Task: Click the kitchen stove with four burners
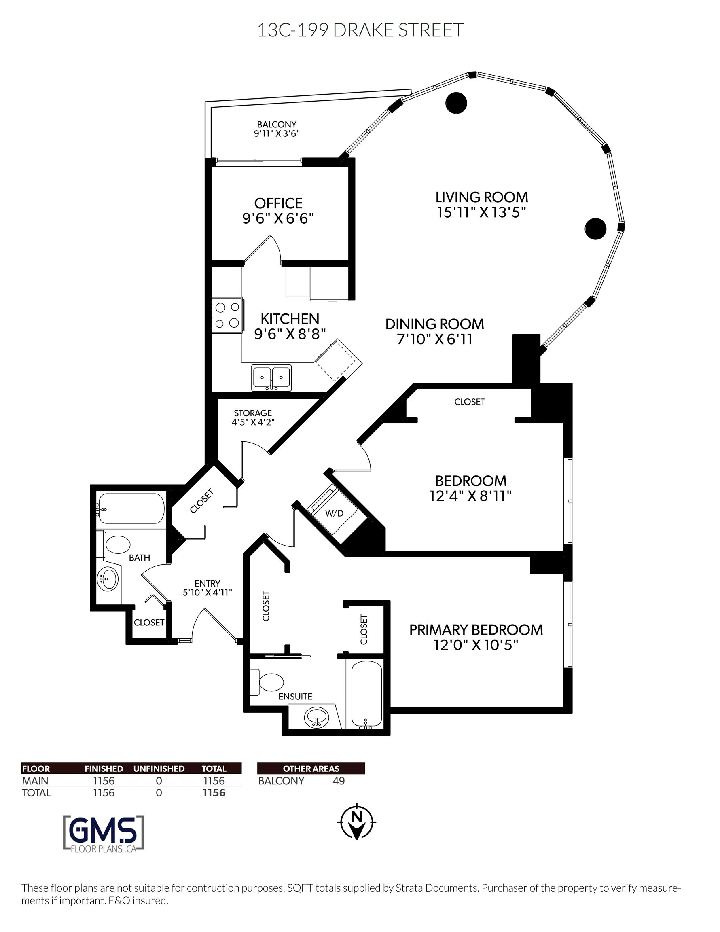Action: [227, 315]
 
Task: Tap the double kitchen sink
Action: [271, 378]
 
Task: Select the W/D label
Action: [334, 513]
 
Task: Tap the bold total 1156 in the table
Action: [214, 793]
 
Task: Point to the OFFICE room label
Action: [278, 203]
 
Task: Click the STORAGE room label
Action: [253, 413]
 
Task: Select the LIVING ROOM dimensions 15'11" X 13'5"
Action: [481, 212]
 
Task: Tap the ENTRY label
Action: [208, 583]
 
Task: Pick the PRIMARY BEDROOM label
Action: [476, 630]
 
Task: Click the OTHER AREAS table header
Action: [311, 769]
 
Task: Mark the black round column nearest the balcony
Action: [456, 103]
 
